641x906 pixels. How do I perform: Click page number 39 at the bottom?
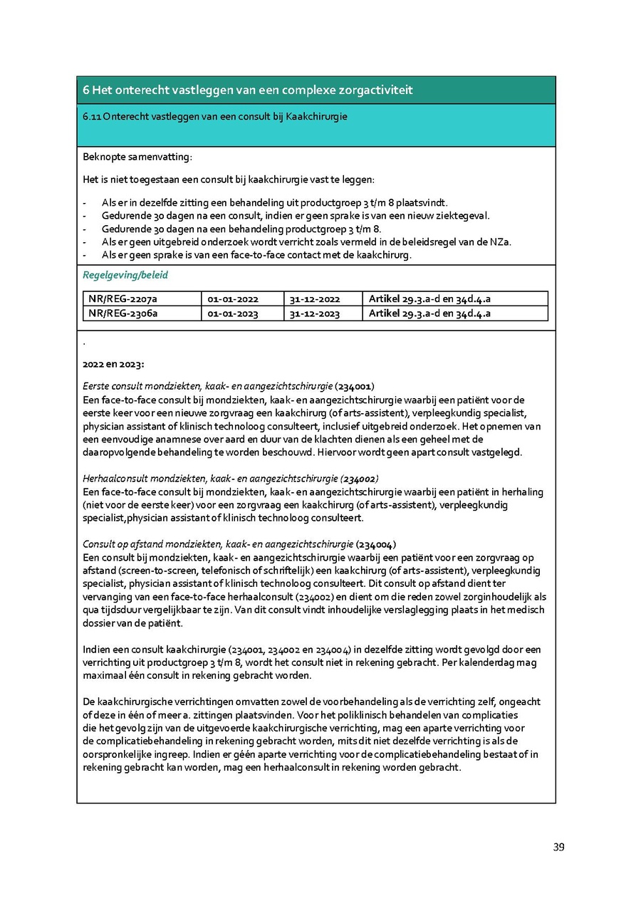[x=558, y=847]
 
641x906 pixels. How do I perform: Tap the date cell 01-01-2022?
[x=233, y=298]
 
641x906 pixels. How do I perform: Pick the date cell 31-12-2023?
[x=314, y=313]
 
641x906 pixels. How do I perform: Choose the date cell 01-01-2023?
[x=233, y=313]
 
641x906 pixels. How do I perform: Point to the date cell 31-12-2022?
[x=314, y=298]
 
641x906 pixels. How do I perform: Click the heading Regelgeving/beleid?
[x=125, y=275]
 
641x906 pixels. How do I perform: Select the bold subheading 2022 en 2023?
[x=113, y=365]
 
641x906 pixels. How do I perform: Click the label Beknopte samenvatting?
[x=137, y=157]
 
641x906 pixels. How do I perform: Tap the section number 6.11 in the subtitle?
[x=92, y=116]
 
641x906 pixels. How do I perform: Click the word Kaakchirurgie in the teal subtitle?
[x=317, y=116]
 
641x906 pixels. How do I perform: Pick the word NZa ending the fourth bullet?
[x=501, y=241]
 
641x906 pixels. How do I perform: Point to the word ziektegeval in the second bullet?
[x=465, y=215]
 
